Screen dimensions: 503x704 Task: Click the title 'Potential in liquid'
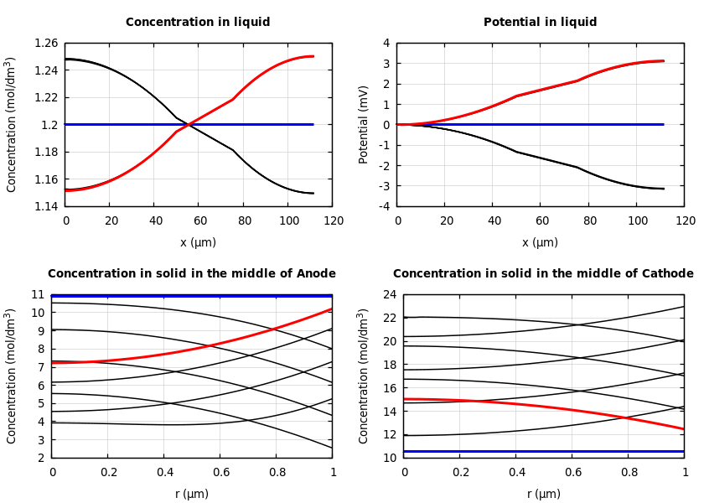540,23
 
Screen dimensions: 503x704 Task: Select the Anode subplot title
192,274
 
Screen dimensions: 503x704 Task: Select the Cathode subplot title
543,274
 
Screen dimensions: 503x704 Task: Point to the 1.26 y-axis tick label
45,43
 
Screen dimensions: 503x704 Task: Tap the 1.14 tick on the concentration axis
45,206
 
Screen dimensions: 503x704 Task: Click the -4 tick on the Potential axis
384,206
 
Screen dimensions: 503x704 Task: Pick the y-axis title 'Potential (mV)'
364,124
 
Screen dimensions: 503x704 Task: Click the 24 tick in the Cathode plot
387,295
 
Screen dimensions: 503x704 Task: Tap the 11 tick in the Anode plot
37,295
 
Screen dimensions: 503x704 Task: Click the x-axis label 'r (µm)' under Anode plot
192,494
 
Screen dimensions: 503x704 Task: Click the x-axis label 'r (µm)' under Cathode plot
543,494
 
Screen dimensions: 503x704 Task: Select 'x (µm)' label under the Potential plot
540,242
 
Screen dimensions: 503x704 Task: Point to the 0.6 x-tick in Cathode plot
572,472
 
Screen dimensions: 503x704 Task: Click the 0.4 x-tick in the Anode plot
164,472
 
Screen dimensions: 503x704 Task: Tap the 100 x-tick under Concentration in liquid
289,220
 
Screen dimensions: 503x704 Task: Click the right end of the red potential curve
663,60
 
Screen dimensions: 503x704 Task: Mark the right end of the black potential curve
663,189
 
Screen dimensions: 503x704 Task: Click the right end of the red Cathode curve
683,429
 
